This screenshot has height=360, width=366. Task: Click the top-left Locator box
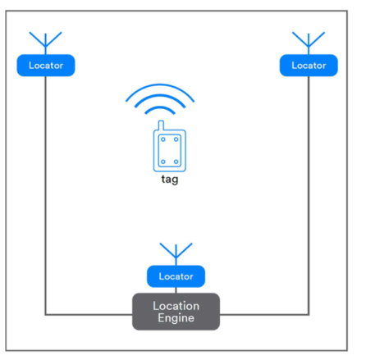[46, 66]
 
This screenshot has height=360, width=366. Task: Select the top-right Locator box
[309, 66]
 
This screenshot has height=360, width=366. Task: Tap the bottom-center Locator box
[176, 276]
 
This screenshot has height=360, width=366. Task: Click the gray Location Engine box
[176, 312]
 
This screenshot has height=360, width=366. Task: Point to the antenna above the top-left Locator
[45, 43]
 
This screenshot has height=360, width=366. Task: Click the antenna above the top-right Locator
[309, 43]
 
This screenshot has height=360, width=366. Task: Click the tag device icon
[170, 147]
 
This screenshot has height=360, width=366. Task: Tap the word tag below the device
[170, 180]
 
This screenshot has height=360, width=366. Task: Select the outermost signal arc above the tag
[160, 85]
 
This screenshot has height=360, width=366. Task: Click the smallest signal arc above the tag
[160, 107]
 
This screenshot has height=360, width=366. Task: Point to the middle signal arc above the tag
[160, 96]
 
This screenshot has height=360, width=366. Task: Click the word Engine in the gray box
[176, 318]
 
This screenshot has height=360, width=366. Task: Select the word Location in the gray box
[176, 306]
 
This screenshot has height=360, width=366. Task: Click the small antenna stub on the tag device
[161, 125]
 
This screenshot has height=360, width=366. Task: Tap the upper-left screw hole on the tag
[163, 139]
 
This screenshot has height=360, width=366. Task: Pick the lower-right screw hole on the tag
[176, 162]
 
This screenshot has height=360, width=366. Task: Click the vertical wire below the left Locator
[45, 195]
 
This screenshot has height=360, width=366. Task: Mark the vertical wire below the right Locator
[309, 195]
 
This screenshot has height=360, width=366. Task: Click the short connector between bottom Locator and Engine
[176, 290]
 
